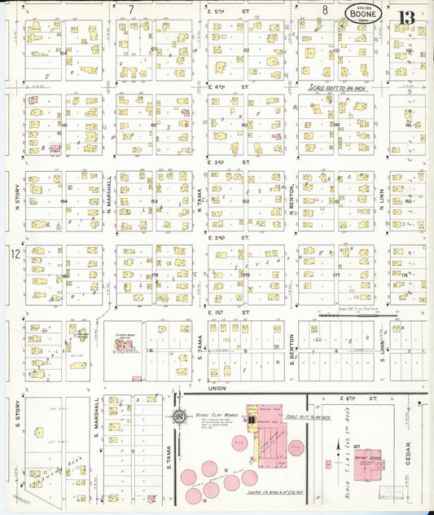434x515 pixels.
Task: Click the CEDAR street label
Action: [x=408, y=456]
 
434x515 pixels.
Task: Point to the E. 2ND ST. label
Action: [x=229, y=237]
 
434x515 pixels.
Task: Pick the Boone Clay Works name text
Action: [x=213, y=415]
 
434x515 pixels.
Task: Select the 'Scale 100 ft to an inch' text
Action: [x=341, y=86]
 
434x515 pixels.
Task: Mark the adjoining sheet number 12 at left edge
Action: [x=14, y=253]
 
